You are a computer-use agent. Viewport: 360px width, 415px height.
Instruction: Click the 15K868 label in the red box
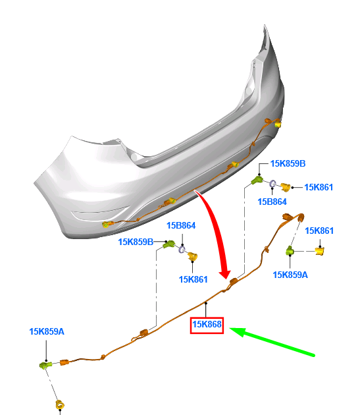click(207, 324)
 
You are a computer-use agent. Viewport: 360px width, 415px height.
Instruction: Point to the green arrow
click(272, 341)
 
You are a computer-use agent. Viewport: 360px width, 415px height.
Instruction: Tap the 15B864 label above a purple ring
click(181, 225)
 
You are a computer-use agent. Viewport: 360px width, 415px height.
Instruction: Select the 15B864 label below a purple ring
click(272, 202)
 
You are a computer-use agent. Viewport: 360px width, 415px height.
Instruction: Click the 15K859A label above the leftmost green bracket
click(47, 331)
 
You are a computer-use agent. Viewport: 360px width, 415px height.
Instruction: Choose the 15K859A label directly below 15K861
click(290, 275)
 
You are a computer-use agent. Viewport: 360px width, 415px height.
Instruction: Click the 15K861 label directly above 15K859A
click(319, 231)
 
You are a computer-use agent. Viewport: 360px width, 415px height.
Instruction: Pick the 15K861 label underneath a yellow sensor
click(193, 279)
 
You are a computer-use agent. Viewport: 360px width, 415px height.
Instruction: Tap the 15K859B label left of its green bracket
click(136, 242)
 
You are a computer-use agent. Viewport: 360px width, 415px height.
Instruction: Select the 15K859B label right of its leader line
click(288, 163)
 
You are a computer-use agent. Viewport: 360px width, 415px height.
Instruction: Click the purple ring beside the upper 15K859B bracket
click(272, 184)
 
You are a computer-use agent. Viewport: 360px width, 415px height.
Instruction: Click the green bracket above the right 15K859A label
click(290, 250)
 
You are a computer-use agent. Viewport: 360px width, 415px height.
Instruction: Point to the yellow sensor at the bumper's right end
click(278, 123)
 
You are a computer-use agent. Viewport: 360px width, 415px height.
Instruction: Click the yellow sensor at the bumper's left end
click(106, 225)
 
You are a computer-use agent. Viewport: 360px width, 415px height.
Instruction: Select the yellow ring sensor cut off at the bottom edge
click(60, 405)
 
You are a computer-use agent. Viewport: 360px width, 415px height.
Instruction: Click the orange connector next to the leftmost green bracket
click(64, 362)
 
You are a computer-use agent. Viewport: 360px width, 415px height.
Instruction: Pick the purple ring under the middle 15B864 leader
click(182, 249)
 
